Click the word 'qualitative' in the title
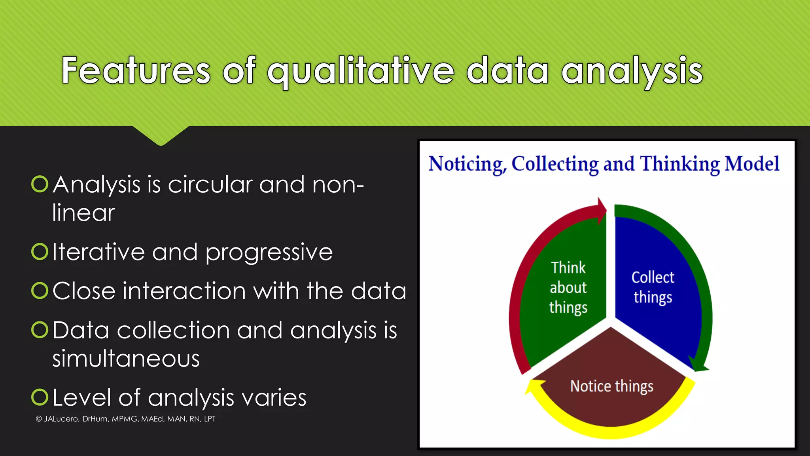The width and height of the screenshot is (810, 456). tap(361, 71)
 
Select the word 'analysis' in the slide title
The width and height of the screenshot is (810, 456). tap(632, 71)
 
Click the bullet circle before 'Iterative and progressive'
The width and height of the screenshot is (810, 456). tap(40, 251)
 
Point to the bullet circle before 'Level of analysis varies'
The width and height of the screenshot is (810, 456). tap(40, 397)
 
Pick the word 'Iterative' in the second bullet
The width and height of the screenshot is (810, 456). tap(98, 252)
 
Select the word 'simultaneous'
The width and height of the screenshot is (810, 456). tap(126, 359)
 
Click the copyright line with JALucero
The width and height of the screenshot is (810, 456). tap(125, 419)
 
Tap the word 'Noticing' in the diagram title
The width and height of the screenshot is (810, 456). tap(467, 164)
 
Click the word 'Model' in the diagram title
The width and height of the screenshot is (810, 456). tap(751, 164)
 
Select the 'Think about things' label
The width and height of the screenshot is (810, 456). tap(568, 288)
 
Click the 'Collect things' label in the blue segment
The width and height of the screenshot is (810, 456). tap(653, 287)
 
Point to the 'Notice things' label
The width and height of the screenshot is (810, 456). tap(611, 386)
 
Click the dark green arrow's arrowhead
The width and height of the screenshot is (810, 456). tap(698, 365)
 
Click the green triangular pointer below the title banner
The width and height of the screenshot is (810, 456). tap(161, 136)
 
